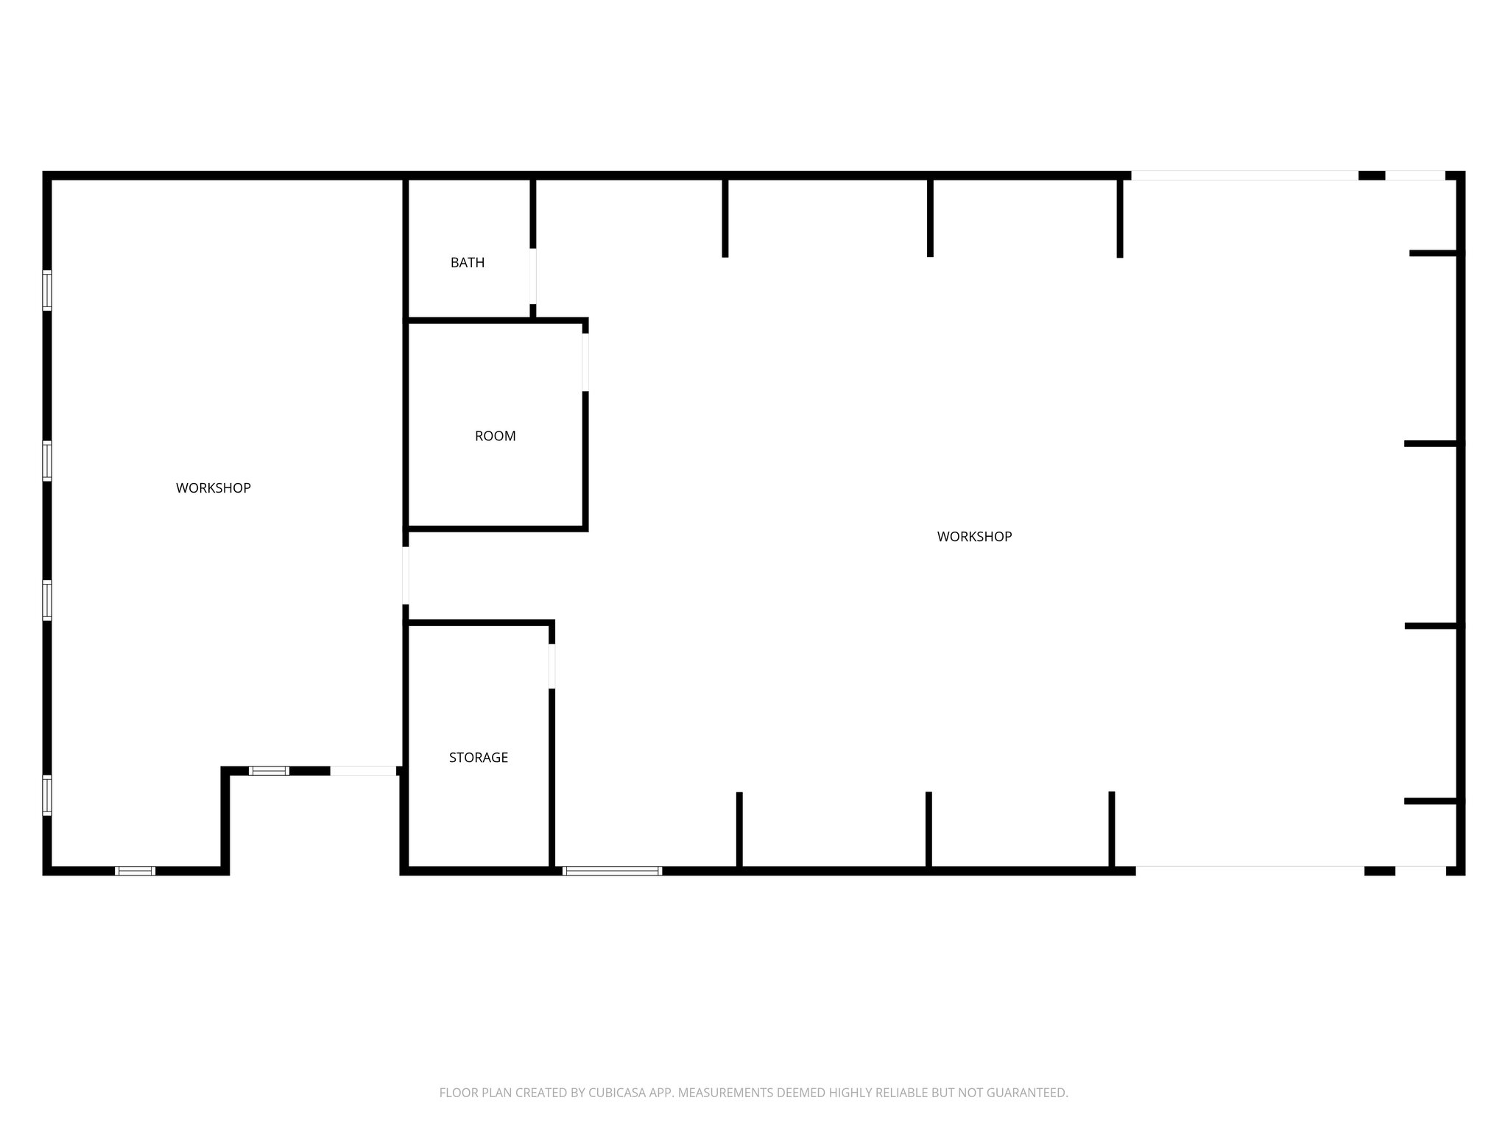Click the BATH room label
click(468, 263)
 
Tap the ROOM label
click(495, 436)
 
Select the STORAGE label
click(479, 758)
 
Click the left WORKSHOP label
click(214, 488)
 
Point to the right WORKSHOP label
click(974, 537)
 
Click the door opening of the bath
click(532, 276)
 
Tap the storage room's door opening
click(552, 666)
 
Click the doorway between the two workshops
click(405, 575)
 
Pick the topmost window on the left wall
click(47, 290)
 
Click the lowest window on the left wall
click(47, 795)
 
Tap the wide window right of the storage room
click(612, 870)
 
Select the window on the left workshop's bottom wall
click(135, 870)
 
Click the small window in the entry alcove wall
click(269, 771)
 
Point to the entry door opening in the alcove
click(363, 771)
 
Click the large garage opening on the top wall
click(1244, 175)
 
